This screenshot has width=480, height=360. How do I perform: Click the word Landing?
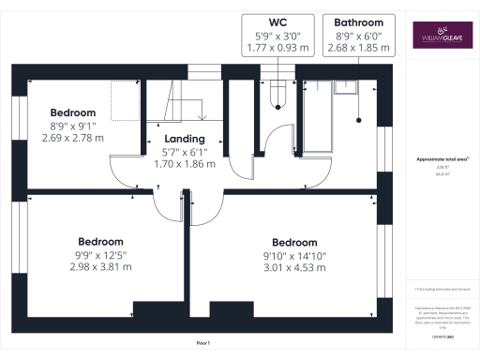pyautogui.click(x=185, y=139)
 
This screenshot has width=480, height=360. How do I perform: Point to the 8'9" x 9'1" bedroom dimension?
pyautogui.click(x=73, y=127)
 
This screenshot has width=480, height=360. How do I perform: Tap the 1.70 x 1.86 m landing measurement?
pyautogui.click(x=185, y=163)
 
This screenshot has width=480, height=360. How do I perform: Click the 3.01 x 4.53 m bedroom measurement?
pyautogui.click(x=296, y=268)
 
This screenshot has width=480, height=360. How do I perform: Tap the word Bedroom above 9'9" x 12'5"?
pyautogui.click(x=101, y=239)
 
